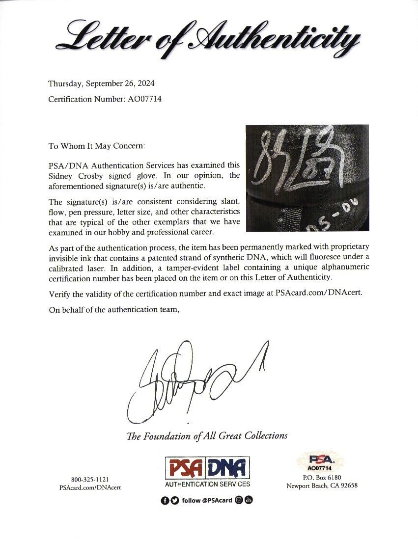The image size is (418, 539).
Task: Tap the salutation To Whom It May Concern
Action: point(96,146)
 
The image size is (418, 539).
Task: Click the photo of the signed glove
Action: point(307,178)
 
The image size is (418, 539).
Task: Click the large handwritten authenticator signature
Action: point(192,383)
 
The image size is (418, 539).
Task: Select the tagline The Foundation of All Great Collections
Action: point(207,435)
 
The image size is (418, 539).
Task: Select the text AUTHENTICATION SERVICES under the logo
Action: point(207,484)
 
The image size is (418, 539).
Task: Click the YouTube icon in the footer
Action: point(249,500)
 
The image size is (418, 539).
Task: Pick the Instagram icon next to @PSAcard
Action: point(239,500)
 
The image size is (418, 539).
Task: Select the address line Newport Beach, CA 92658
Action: point(322,486)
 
